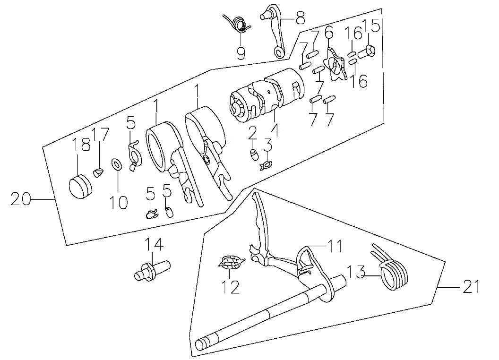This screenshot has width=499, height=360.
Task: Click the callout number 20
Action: click(21, 199)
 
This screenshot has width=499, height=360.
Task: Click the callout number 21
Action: click(470, 287)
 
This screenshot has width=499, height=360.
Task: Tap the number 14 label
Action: click(155, 245)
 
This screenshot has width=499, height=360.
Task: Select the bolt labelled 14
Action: click(152, 270)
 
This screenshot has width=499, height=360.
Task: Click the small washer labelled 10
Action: click(117, 164)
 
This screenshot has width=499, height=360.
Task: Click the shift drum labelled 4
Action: click(267, 95)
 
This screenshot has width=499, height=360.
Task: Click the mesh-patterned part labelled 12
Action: click(232, 262)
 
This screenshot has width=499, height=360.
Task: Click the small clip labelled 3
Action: click(266, 165)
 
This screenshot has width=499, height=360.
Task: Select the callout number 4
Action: click(275, 129)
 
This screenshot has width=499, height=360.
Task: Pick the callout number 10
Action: click(119, 202)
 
